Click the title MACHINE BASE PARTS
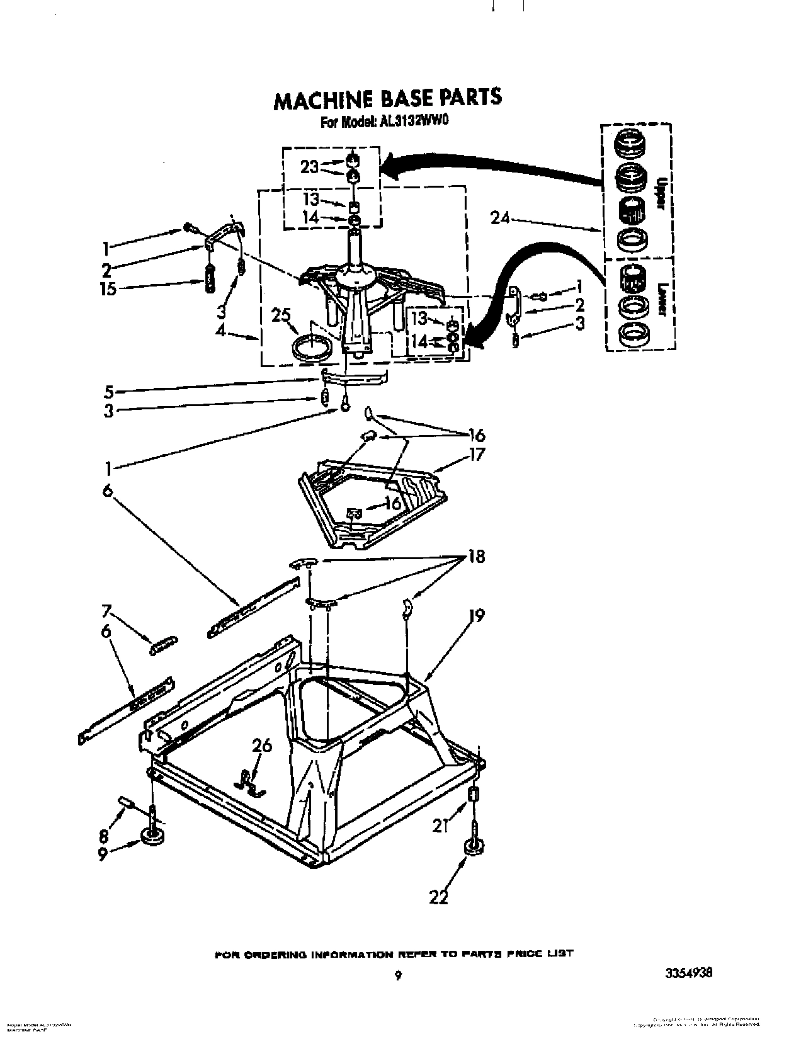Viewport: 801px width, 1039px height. coord(387,98)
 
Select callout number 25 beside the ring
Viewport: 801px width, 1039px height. coord(281,314)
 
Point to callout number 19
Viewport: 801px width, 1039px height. coord(475,615)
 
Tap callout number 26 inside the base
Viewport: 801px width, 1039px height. coord(262,746)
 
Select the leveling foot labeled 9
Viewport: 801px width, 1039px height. coord(151,838)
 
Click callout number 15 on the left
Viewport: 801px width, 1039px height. coord(109,290)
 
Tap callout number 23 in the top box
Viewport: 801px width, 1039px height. coord(310,167)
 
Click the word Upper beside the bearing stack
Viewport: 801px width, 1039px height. coord(661,190)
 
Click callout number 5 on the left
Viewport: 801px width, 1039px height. coord(109,392)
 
